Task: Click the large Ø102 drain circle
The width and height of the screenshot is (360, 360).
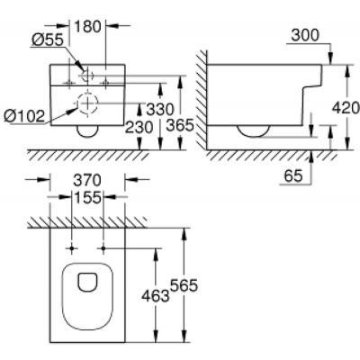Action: pos(87,103)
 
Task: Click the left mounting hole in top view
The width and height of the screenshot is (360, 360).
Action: pos(69,247)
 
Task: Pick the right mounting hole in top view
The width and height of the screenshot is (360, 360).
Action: pos(104,247)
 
